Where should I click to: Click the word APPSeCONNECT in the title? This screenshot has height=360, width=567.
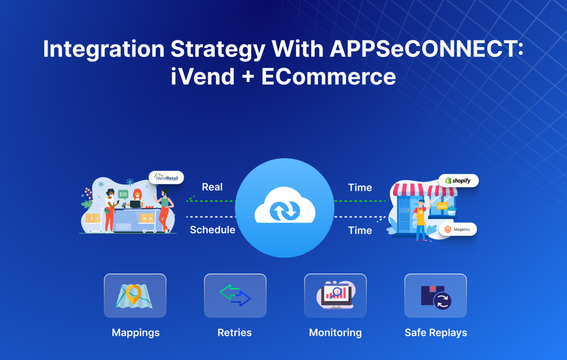[x=427, y=50]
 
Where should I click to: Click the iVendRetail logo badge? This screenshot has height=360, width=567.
[x=166, y=177]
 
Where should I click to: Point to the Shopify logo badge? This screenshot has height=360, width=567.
[x=458, y=181]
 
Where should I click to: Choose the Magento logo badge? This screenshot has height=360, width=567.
[x=458, y=229]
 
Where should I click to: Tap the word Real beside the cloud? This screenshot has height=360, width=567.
[x=212, y=187]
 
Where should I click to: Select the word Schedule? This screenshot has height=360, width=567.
[x=212, y=230]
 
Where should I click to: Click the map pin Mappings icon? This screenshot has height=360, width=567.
[x=135, y=296]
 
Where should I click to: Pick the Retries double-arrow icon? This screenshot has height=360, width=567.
[x=235, y=296]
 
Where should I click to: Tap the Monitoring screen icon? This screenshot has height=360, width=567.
[x=335, y=296]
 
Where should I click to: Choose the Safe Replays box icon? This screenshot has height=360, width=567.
[x=435, y=296]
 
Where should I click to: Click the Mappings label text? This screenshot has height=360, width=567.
[x=135, y=333]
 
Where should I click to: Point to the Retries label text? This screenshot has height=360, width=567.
[x=234, y=333]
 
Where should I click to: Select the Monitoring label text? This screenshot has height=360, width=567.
[x=335, y=333]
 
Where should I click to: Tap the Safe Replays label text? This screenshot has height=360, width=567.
[x=436, y=333]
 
